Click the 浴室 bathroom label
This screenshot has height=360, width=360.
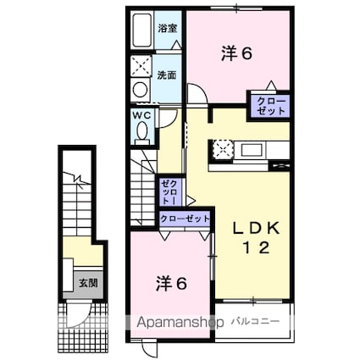coord(167,28)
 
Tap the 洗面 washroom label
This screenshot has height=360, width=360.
coord(166,75)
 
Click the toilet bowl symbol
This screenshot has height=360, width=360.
coord(141,131)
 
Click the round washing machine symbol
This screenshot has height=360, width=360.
coord(139,91)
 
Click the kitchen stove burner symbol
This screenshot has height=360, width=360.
coord(224,150)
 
